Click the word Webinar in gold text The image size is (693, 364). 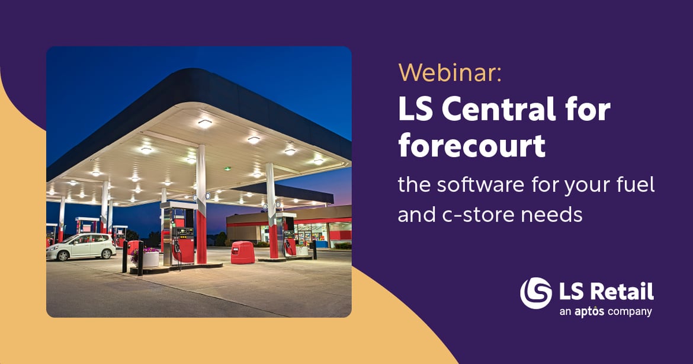pyautogui.click(x=450, y=72)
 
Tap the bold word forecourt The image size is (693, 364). pyautogui.click(x=471, y=145)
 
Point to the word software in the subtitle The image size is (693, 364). pyautogui.click(x=481, y=184)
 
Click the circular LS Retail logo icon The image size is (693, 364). pyautogui.click(x=535, y=293)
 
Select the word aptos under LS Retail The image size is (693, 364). pyautogui.click(x=589, y=312)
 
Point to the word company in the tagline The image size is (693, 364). pyautogui.click(x=630, y=312)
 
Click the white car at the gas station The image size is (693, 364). pyautogui.click(x=81, y=247)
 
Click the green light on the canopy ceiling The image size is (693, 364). pyautogui.click(x=227, y=168)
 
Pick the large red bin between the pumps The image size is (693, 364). pyautogui.click(x=243, y=252)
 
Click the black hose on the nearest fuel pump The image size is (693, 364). pyautogui.click(x=178, y=253)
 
